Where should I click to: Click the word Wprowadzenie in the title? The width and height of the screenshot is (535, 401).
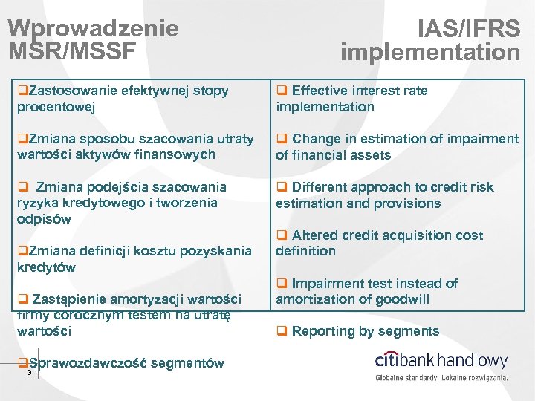click(93, 28)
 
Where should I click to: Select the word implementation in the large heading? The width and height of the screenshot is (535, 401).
click(430, 52)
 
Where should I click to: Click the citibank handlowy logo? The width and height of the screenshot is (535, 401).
click(441, 362)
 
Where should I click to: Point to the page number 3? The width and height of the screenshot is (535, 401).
click(29, 373)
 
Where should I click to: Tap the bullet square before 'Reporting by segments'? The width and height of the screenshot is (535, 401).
click(282, 331)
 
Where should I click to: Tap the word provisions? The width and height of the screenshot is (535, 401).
click(411, 203)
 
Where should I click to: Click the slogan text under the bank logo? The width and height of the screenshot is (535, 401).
click(441, 378)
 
